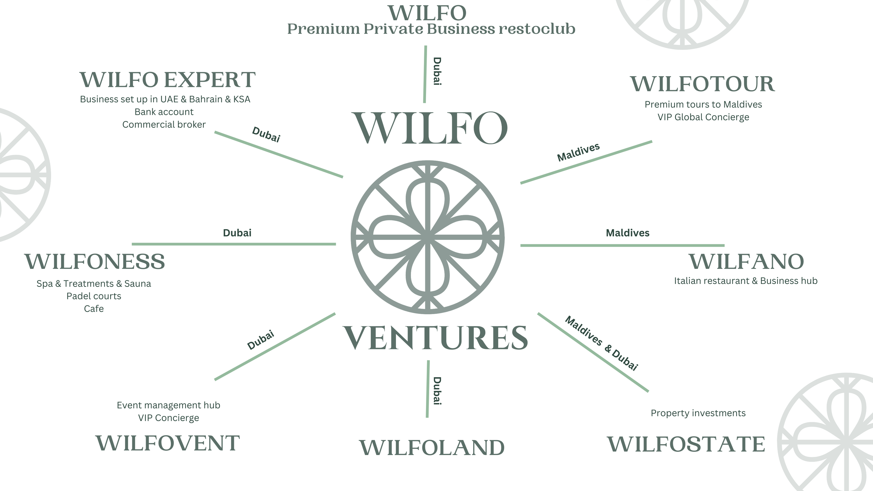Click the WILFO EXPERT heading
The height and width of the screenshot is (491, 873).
168,80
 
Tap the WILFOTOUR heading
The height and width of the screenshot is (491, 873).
703,84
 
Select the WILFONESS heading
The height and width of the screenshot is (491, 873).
95,262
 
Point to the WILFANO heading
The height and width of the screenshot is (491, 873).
746,262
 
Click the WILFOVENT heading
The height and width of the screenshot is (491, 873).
168,443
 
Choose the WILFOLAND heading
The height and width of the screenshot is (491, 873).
432,448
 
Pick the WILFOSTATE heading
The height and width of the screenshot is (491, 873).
686,444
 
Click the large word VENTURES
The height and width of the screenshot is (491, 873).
435,338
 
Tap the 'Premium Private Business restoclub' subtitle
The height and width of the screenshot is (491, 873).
431,29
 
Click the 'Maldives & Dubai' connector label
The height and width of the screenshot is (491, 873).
601,343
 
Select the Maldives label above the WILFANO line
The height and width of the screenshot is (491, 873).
628,233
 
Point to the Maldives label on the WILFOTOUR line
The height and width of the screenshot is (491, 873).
578,152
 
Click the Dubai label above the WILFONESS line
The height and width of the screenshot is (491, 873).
237,233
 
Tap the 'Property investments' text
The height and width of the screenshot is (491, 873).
698,413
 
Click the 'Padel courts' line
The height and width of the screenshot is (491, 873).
94,296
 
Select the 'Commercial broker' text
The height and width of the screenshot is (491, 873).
164,125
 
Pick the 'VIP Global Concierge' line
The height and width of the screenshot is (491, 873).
703,117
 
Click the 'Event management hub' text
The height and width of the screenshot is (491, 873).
168,405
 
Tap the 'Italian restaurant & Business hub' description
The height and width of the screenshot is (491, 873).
746,281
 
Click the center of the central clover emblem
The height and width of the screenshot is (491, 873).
427,237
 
